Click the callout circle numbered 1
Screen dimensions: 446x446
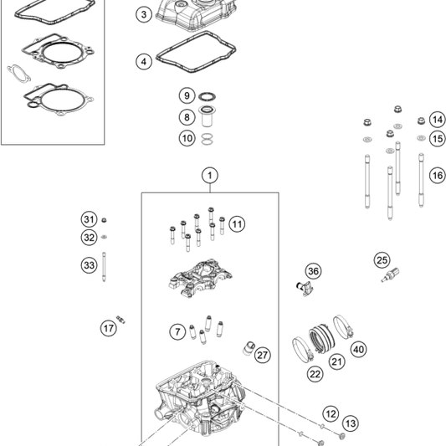(209, 175)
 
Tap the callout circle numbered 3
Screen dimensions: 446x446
(145, 14)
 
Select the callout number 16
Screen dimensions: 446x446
(437, 176)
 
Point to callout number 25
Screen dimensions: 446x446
(382, 259)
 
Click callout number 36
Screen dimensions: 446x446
(313, 271)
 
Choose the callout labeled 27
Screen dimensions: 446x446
(263, 355)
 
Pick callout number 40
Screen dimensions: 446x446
(358, 349)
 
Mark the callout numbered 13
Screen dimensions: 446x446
(350, 423)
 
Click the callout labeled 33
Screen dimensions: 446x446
(89, 265)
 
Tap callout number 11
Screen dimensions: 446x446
(237, 224)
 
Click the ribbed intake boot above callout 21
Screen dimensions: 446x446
(323, 337)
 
